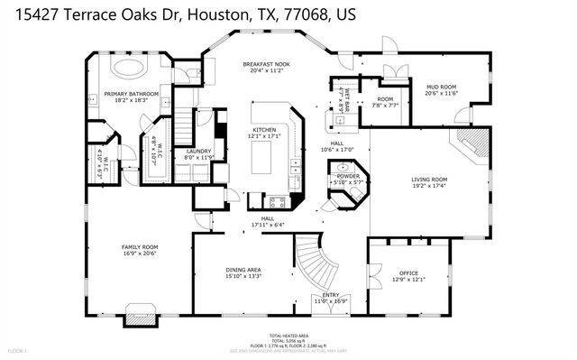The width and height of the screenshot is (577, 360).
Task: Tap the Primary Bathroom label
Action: coord(131,94)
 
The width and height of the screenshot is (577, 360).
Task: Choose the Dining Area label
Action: coord(243,270)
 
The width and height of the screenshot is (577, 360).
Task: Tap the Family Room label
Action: coord(140,246)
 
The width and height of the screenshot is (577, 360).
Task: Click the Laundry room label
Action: coord(198,152)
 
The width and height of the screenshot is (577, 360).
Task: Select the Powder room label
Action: coord(348,177)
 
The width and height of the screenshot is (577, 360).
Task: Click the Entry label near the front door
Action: coord(330,294)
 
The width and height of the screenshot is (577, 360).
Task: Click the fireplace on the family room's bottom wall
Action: coord(140,314)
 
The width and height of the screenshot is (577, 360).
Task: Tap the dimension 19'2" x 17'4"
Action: coord(429,186)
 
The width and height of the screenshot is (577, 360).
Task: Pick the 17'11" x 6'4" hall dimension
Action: coord(268,225)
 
